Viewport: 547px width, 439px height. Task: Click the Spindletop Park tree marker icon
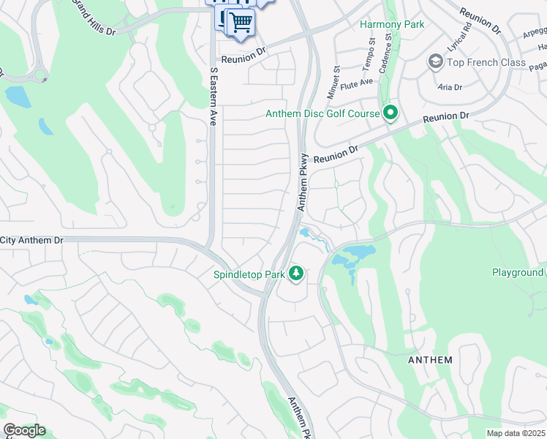point(296,274)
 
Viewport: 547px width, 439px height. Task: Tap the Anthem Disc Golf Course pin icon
point(391,113)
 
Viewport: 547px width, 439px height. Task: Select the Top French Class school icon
point(436,61)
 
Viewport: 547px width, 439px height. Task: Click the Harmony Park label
point(392,24)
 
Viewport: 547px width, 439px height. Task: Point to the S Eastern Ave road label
point(214,97)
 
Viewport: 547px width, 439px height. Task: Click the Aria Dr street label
point(450,87)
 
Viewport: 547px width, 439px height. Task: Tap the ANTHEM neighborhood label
point(430,360)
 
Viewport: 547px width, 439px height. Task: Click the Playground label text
point(518,273)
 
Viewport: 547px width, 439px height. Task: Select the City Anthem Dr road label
point(32,239)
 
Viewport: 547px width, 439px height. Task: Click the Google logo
point(24,430)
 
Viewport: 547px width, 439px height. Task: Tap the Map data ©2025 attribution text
point(516,433)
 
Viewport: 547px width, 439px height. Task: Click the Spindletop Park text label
point(249,275)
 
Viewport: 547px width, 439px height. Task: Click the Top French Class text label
point(486,62)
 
